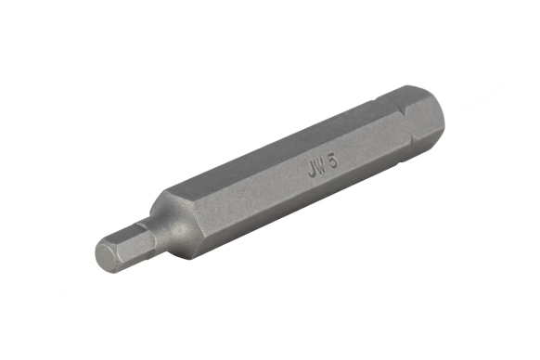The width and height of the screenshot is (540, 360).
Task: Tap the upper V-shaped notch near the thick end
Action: [x=407, y=112]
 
